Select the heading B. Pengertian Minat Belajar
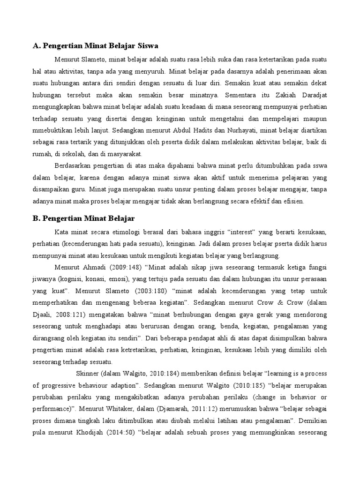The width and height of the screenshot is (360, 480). [83, 218]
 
